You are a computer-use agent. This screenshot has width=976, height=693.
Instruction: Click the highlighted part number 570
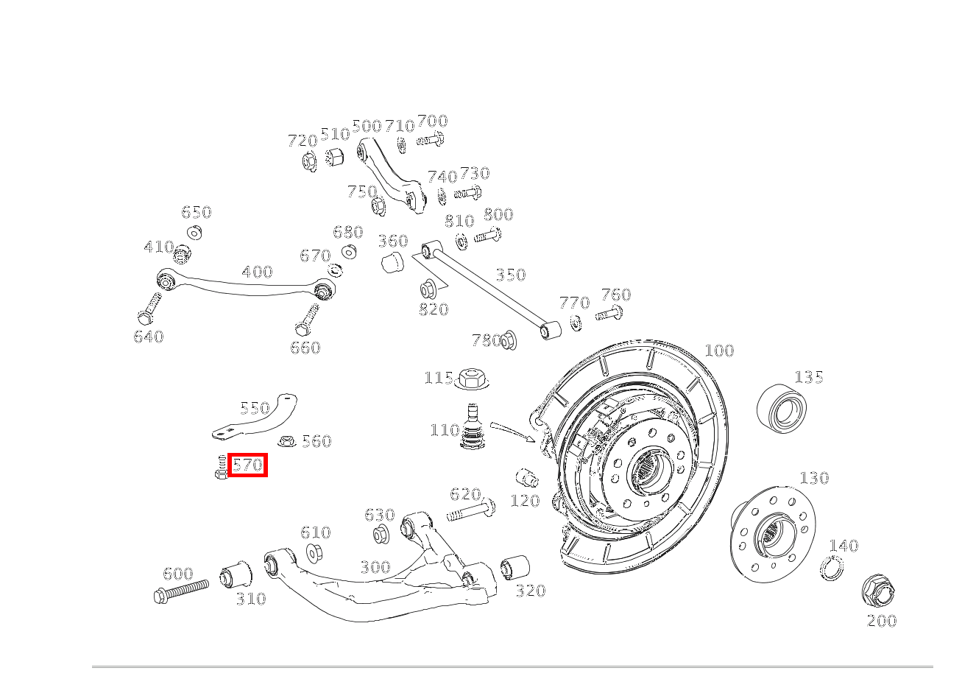pyautogui.click(x=247, y=465)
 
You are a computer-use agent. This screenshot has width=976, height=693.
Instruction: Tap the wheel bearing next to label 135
pyautogui.click(x=782, y=407)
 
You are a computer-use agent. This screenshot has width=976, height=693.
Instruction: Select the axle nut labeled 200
pyautogui.click(x=877, y=591)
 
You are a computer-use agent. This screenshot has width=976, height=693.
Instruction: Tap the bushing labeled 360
pyautogui.click(x=393, y=261)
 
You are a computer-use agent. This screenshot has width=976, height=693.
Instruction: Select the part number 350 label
pyautogui.click(x=510, y=275)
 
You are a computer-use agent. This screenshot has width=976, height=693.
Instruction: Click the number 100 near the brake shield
pyautogui.click(x=719, y=351)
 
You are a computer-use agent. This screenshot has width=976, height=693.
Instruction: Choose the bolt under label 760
pyautogui.click(x=609, y=315)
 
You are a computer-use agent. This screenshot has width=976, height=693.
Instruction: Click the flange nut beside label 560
pyautogui.click(x=287, y=442)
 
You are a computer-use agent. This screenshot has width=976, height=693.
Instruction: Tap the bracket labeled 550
pyautogui.click(x=258, y=418)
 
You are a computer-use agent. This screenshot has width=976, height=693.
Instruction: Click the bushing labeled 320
pyautogui.click(x=514, y=567)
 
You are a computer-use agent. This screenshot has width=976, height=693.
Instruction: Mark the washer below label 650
pyautogui.click(x=194, y=233)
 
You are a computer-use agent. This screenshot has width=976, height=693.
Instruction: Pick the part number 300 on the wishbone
pyautogui.click(x=375, y=567)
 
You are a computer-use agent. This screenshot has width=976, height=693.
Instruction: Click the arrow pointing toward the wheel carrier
pyautogui.click(x=512, y=432)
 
